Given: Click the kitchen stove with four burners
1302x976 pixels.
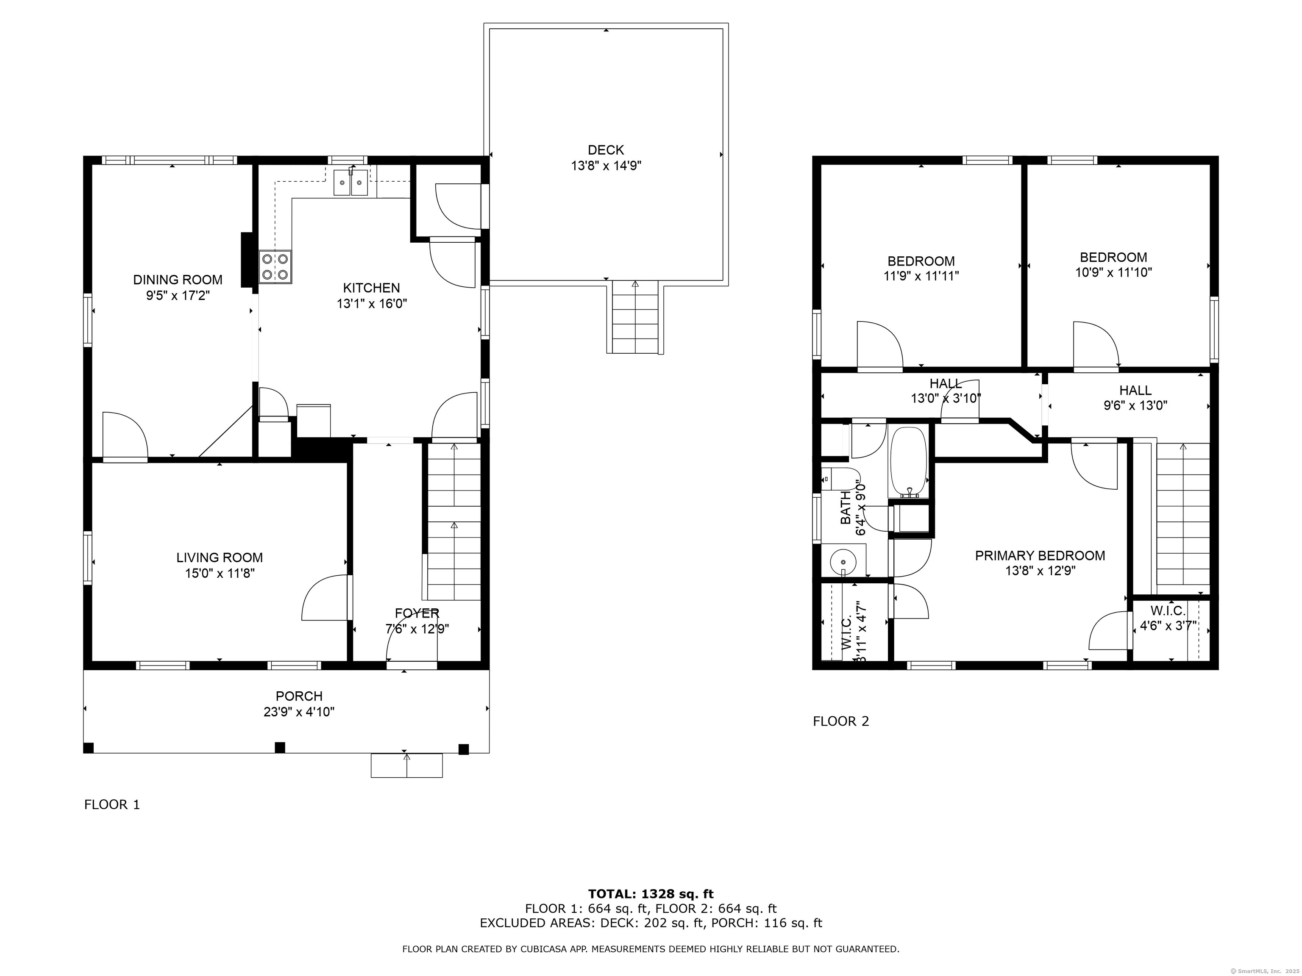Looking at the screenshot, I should click(x=275, y=267).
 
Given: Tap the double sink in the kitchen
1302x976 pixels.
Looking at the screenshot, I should click(x=351, y=183).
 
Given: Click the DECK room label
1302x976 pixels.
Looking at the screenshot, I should click(x=606, y=150).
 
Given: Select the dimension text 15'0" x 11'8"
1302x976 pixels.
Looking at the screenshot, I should click(x=220, y=573).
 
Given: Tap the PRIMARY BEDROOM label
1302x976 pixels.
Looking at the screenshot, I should click(x=1040, y=555).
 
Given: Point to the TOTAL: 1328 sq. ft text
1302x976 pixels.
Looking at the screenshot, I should click(x=651, y=894).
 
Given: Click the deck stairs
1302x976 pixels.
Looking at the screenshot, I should click(x=635, y=318).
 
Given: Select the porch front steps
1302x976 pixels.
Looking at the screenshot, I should click(x=406, y=765).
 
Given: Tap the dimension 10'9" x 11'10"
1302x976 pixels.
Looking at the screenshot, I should click(x=1113, y=272).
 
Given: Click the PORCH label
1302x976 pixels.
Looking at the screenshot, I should click(x=299, y=696).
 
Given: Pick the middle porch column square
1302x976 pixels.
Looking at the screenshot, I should click(x=280, y=748).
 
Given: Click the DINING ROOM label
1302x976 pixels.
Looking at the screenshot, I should click(x=178, y=280).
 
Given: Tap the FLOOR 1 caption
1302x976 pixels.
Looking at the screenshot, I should click(x=112, y=804).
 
